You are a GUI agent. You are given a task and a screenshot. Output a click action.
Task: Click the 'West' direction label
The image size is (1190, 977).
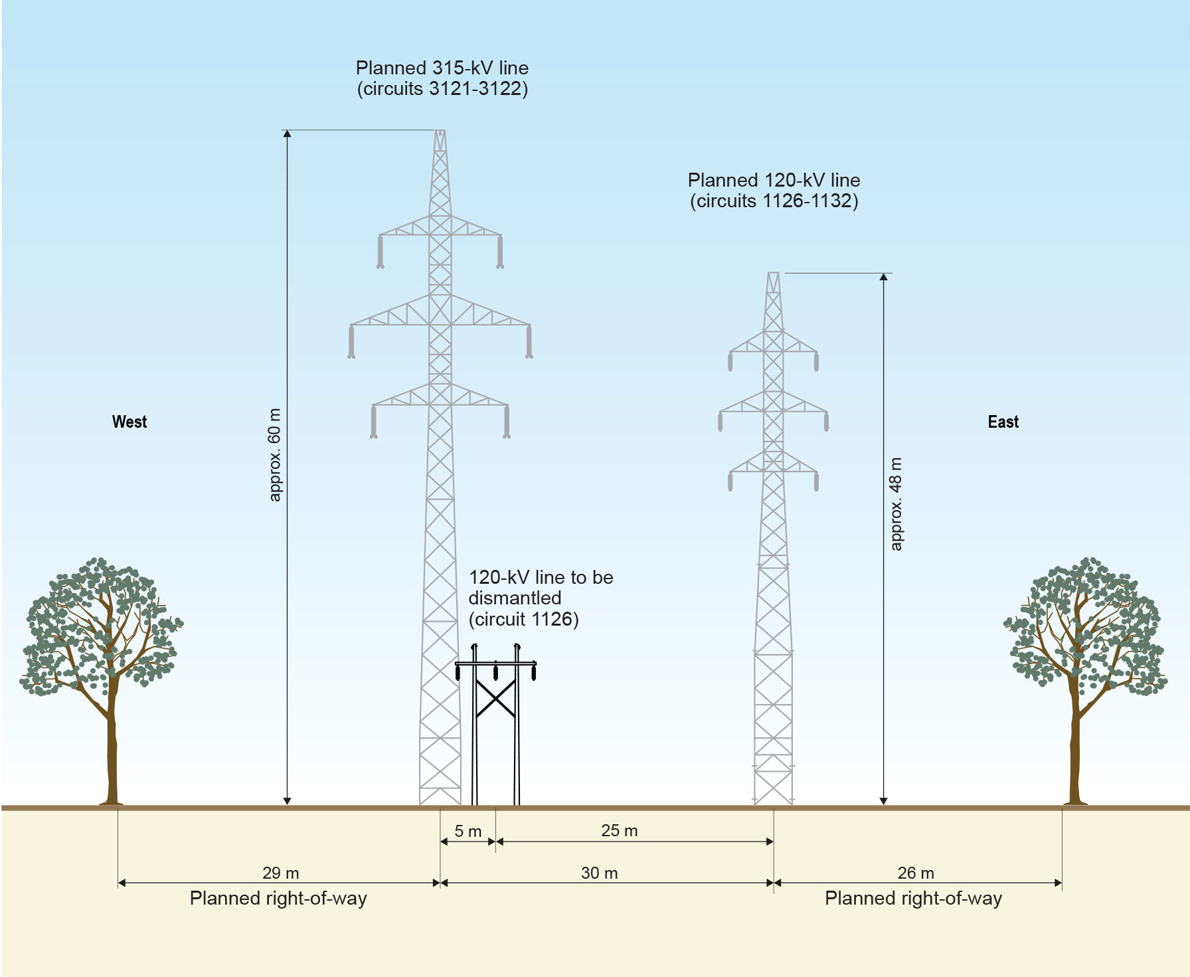[x=129, y=422]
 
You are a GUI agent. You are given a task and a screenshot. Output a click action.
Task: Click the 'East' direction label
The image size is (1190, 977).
[x=1003, y=422]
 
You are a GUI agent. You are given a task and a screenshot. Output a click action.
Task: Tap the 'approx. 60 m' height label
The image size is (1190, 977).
[x=274, y=455]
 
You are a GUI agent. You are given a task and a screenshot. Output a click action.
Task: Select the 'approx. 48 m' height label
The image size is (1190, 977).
[x=896, y=503]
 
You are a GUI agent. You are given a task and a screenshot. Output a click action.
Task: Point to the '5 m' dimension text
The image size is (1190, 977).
[x=468, y=831]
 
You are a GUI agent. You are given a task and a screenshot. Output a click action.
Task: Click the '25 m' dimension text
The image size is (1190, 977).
[x=620, y=830]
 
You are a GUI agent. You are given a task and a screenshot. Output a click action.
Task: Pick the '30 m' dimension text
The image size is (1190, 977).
[x=600, y=873]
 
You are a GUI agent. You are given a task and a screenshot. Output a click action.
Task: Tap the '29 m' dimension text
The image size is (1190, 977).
[x=281, y=873]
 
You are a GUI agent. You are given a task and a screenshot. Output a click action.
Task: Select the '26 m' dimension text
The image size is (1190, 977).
[x=916, y=873]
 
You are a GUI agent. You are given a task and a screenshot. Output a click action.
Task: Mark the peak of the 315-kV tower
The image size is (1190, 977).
[x=440, y=131]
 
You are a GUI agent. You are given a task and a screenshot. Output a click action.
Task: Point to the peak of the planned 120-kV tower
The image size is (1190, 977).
[x=773, y=273]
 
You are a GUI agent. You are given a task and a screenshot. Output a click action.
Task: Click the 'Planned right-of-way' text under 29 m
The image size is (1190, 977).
[x=278, y=899]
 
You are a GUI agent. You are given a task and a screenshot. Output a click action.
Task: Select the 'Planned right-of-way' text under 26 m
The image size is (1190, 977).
[x=913, y=899]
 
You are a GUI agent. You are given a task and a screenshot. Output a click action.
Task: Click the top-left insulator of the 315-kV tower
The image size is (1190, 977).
[x=381, y=252]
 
